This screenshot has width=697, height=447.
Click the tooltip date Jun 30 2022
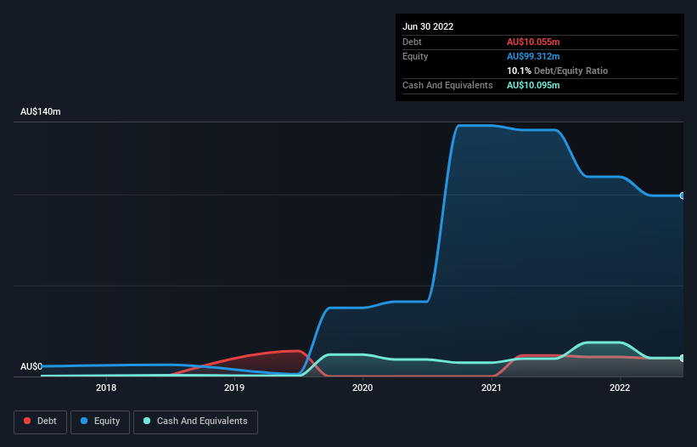click(428, 26)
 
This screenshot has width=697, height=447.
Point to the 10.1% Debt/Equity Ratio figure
click(557, 71)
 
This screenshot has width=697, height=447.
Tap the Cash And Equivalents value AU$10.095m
click(534, 85)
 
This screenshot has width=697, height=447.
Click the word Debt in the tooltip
click(412, 42)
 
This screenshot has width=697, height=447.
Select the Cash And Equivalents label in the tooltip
click(447, 85)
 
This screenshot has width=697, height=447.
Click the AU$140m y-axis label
click(41, 112)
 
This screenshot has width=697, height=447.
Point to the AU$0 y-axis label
click(31, 366)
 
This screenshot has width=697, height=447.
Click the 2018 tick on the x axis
click(106, 388)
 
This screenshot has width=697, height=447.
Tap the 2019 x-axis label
click(234, 388)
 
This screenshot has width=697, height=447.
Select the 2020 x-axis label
click(363, 388)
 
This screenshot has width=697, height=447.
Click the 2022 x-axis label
click(620, 388)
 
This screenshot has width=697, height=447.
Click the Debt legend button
click(40, 421)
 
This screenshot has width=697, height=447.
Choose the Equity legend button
click(100, 421)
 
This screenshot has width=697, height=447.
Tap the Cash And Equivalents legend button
click(195, 421)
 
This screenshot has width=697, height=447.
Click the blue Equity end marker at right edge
click(683, 195)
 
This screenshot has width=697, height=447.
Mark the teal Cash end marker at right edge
click(683, 358)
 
